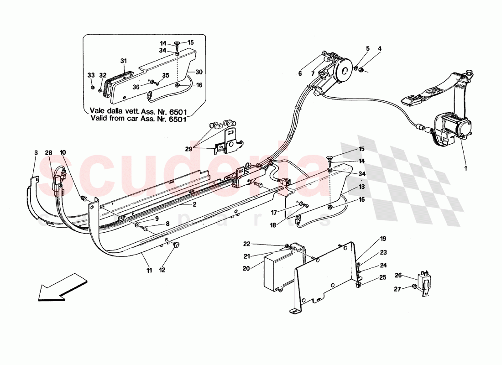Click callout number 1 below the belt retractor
pyautogui.click(x=465, y=168)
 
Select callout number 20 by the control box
pyautogui.click(x=246, y=269)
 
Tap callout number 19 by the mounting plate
pyautogui.click(x=383, y=239)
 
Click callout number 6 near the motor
pyautogui.click(x=300, y=73)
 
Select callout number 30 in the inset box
pyautogui.click(x=198, y=72)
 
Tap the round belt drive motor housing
pyautogui.click(x=343, y=69)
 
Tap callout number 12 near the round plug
pyautogui.click(x=162, y=269)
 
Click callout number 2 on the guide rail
pyautogui.click(x=194, y=205)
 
